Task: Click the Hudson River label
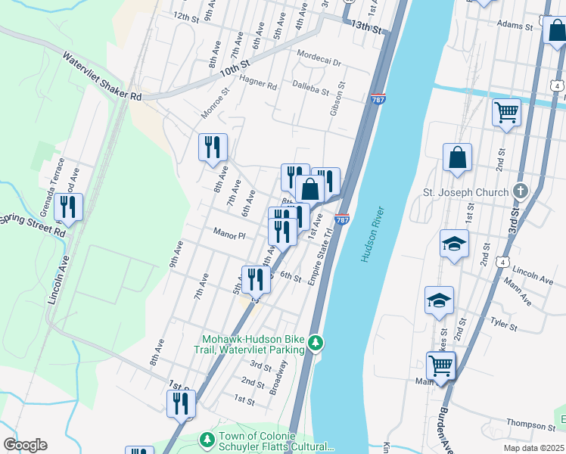click(374, 235)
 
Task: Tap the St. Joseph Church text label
click(465, 192)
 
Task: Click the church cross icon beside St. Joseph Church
click(520, 191)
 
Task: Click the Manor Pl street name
click(229, 235)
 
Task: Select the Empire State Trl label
click(319, 257)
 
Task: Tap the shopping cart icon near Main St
click(440, 365)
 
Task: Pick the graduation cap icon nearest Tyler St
click(439, 300)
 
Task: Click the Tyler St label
click(502, 325)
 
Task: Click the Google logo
click(25, 445)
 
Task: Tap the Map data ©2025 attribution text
click(534, 448)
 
